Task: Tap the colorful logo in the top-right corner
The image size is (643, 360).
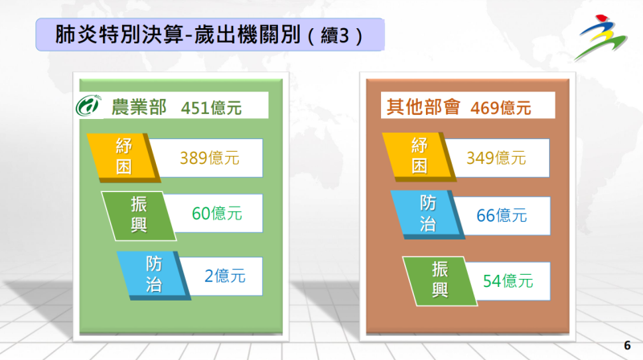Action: point(605,36)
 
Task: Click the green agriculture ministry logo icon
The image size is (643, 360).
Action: point(88,106)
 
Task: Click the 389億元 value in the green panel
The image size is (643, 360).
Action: point(209,158)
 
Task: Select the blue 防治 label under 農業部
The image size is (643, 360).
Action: point(153,273)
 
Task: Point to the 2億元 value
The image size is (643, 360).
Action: point(224,276)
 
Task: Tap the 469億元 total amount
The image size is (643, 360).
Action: point(501,107)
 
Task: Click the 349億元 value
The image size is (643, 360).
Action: point(496,158)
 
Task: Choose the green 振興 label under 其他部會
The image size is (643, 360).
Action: point(439,279)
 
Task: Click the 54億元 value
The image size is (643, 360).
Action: point(508,280)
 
